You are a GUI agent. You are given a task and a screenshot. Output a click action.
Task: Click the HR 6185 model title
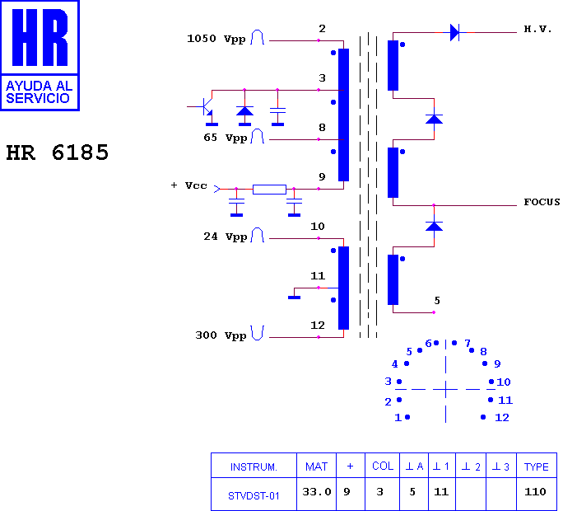(x=57, y=152)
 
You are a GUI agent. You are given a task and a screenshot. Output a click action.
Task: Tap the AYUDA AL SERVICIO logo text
(x=40, y=92)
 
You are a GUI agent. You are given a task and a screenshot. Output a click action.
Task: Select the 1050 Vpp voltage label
(x=216, y=39)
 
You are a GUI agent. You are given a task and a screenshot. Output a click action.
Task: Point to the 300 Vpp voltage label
(x=221, y=335)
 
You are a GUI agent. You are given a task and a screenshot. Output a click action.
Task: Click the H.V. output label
(x=537, y=29)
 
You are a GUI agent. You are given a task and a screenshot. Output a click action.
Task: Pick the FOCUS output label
(x=542, y=202)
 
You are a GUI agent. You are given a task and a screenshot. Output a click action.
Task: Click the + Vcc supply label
(x=189, y=185)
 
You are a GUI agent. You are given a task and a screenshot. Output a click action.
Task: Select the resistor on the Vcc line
(x=269, y=190)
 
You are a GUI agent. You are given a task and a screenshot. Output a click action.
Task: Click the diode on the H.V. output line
(x=454, y=32)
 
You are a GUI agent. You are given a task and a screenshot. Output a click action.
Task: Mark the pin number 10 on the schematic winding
(x=318, y=227)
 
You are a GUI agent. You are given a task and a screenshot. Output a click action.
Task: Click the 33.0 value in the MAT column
(x=317, y=491)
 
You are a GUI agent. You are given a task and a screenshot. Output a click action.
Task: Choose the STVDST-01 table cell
(x=254, y=496)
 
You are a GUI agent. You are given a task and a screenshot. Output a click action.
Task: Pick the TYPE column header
(x=536, y=466)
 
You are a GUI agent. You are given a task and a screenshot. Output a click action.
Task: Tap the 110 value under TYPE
(x=535, y=491)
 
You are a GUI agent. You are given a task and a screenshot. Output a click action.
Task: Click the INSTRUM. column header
(x=254, y=467)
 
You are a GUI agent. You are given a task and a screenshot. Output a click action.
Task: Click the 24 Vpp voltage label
(x=226, y=237)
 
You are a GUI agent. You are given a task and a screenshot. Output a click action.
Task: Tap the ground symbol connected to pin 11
(x=294, y=298)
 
